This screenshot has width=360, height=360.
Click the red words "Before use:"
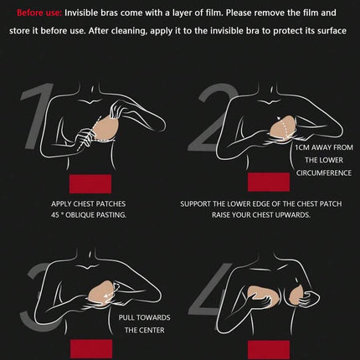(39, 13)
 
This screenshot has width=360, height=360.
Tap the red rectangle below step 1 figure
(90, 183)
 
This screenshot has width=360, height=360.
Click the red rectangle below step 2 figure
(269, 182)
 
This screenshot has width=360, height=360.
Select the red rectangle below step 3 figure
(91, 348)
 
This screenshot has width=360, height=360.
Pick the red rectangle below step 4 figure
(269, 349)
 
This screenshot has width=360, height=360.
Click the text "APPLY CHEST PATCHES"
(88, 204)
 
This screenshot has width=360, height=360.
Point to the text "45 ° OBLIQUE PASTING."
(89, 215)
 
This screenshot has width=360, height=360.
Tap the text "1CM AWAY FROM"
(324, 147)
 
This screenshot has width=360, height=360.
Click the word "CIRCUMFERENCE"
(324, 173)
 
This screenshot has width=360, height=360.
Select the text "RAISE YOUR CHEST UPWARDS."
(261, 215)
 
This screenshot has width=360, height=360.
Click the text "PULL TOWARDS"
(144, 317)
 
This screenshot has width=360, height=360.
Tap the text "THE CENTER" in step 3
(144, 331)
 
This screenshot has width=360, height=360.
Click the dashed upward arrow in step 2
(282, 126)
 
